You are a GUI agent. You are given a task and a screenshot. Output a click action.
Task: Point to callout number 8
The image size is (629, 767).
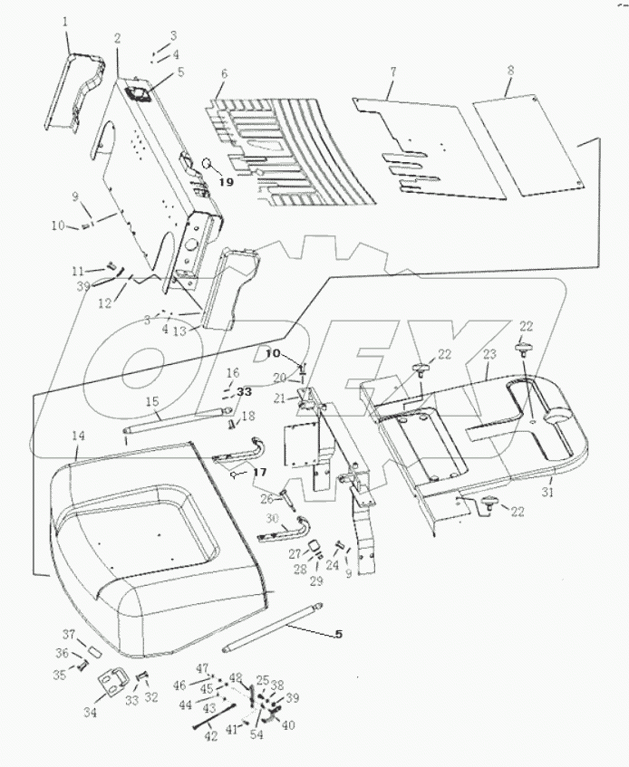point(511,70)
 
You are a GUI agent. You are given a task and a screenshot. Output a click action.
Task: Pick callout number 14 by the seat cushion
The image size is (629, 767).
point(79,436)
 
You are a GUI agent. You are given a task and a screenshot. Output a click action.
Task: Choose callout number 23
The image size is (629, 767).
point(490,356)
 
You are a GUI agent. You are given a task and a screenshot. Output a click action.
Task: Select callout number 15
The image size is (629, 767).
point(151,400)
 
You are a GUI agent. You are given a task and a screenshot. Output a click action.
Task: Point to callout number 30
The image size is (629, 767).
point(270,518)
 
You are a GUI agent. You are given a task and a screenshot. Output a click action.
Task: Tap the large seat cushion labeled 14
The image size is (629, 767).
point(154,561)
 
